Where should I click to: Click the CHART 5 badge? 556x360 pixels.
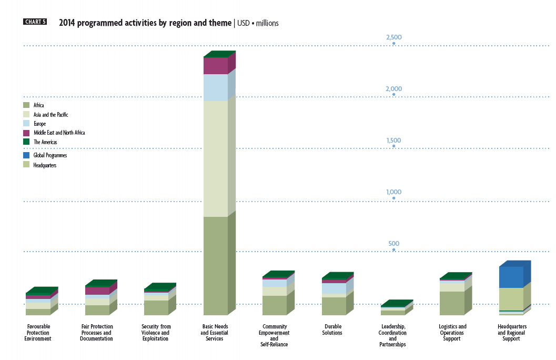(x=35, y=22)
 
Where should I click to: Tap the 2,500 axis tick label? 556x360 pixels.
(x=393, y=37)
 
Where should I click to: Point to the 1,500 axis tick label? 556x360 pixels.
(x=393, y=141)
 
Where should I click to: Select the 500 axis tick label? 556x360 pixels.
(x=394, y=244)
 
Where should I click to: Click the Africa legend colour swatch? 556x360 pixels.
(x=26, y=105)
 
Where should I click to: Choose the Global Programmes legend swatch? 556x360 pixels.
(x=26, y=156)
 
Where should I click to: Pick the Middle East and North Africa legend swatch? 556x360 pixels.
(x=26, y=133)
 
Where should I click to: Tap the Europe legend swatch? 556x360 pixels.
(x=26, y=124)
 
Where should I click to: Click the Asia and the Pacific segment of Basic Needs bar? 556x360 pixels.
(x=215, y=158)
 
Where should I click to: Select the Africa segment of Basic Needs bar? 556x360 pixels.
(x=215, y=266)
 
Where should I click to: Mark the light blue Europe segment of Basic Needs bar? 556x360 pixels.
(x=215, y=87)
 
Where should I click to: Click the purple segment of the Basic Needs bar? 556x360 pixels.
(x=215, y=66)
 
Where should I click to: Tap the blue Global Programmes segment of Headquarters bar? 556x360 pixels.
(x=511, y=277)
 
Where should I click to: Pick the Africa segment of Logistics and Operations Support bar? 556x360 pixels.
(x=452, y=303)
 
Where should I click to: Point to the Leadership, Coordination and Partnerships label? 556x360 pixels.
(x=392, y=336)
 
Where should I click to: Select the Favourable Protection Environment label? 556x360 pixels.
(x=38, y=333)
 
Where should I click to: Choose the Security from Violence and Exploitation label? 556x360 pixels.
(x=156, y=333)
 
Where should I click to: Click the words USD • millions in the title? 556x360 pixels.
(x=258, y=23)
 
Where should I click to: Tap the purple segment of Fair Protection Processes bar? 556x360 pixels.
(x=97, y=291)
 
